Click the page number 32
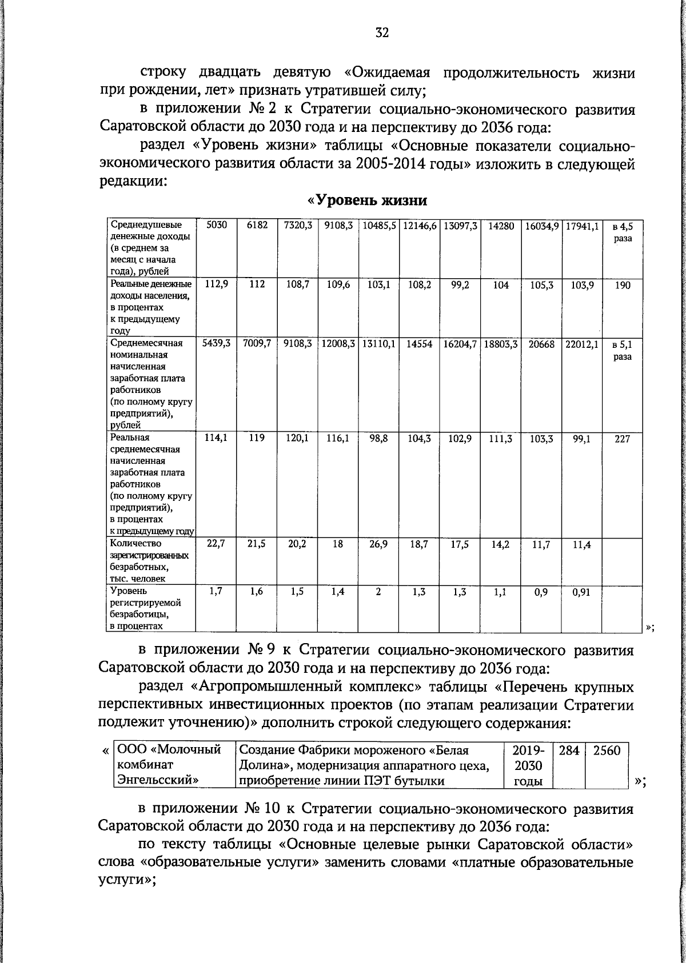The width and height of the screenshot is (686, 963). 382,33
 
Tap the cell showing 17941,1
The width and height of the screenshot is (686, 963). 581,226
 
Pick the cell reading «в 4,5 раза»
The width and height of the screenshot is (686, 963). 623,232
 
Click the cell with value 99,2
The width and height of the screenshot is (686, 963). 460,285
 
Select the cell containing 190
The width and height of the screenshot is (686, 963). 623,285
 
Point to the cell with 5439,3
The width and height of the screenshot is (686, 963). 216,344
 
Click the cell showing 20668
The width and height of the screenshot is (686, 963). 541,344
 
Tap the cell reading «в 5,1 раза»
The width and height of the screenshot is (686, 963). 623,350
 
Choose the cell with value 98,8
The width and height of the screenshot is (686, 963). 378,438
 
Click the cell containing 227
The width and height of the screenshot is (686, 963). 623,438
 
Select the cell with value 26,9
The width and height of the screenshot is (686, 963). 378,544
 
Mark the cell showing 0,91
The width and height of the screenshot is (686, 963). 581,592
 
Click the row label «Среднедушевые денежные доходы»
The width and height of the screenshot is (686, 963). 150,248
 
